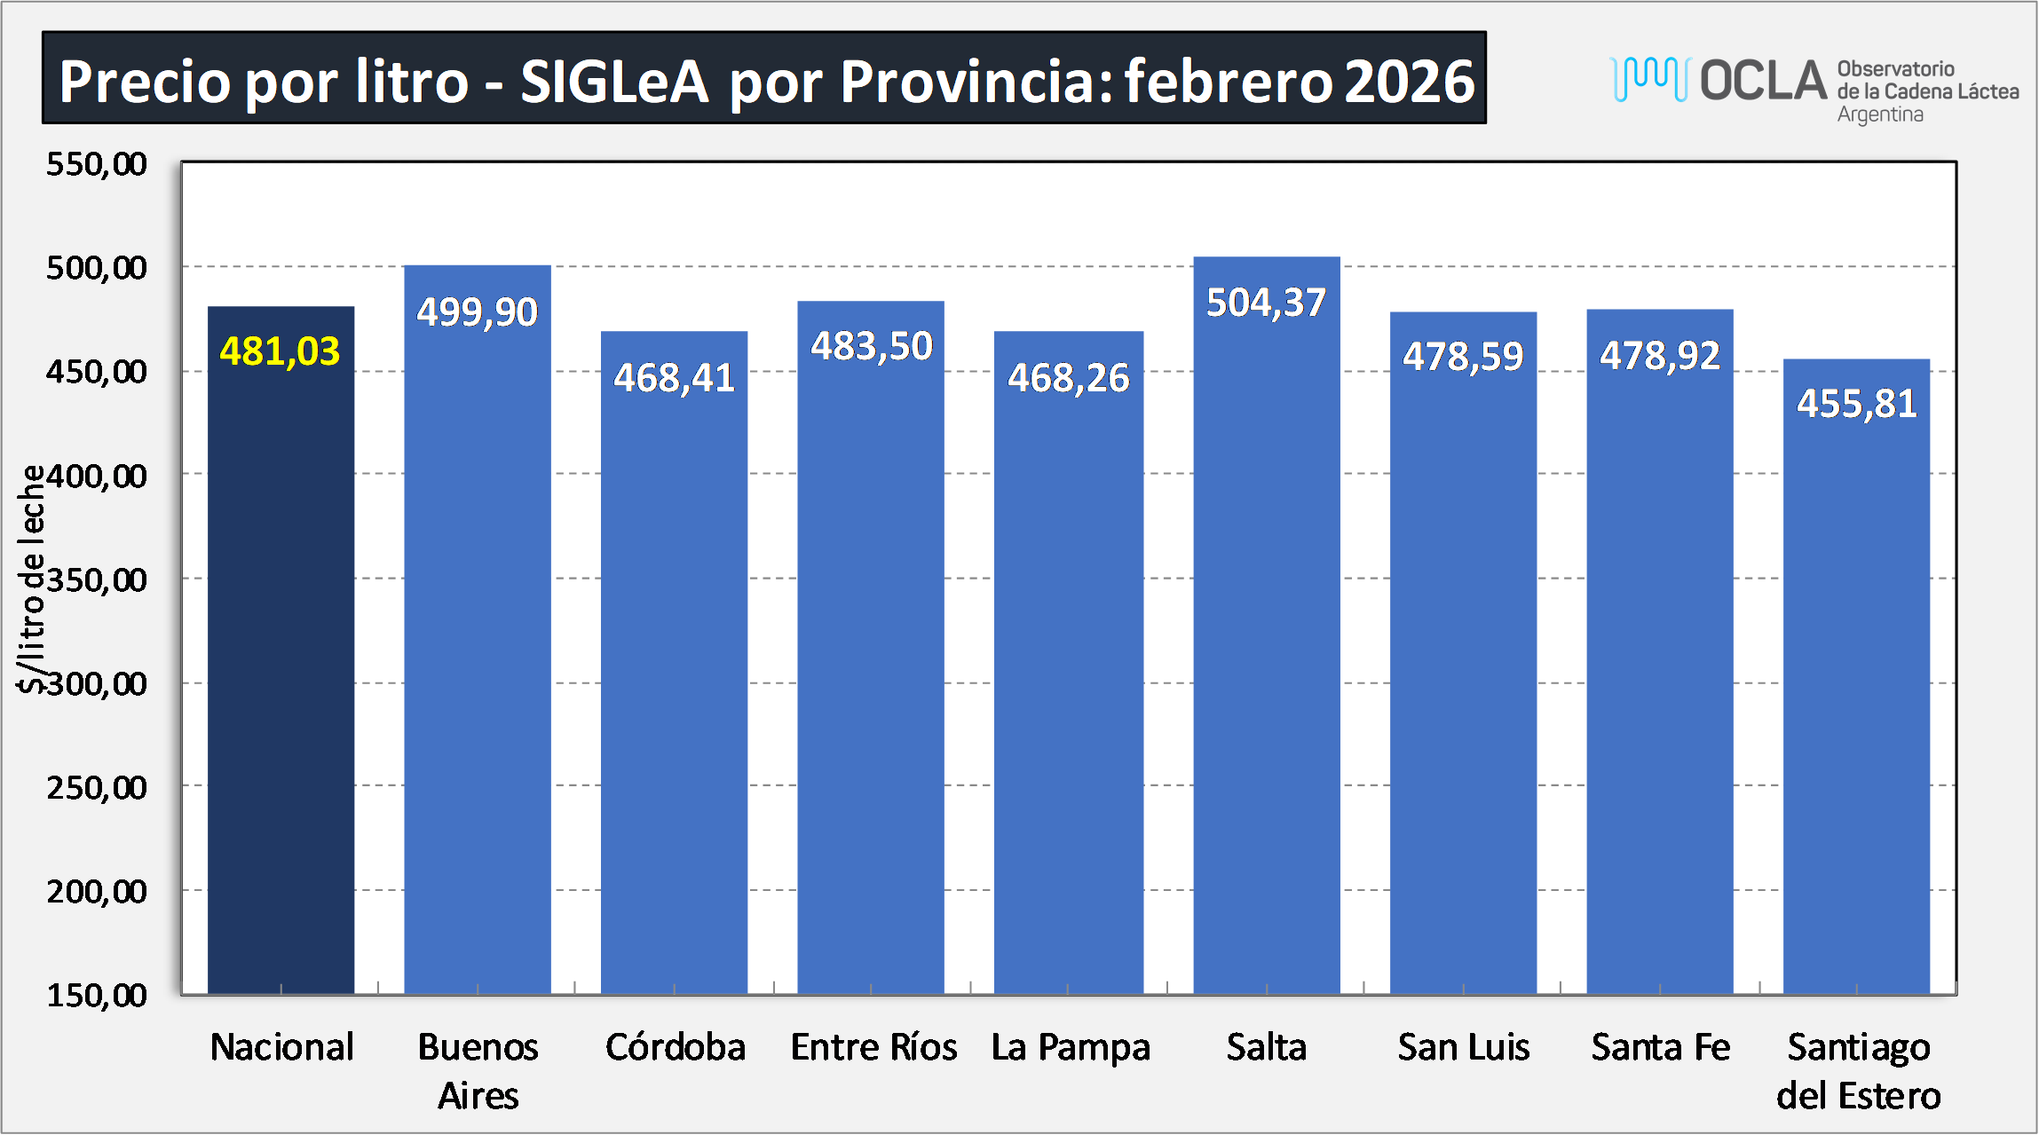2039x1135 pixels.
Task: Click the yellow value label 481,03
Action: (280, 351)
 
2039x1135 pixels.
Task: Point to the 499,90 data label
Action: (478, 312)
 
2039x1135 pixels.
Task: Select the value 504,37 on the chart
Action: (1266, 303)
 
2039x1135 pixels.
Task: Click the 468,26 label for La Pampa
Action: (1068, 378)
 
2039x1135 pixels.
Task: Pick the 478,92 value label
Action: (1660, 356)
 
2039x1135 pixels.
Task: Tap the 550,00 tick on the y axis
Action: (97, 164)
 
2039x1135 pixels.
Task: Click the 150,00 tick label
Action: (97, 995)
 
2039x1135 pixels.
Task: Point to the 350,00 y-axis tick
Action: (97, 580)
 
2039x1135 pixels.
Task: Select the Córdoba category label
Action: (675, 1047)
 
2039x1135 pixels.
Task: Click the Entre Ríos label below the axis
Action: (873, 1047)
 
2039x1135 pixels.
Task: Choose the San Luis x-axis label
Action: (1463, 1047)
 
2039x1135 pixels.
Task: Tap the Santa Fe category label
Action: (1660, 1047)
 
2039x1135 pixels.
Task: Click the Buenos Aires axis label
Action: (478, 1070)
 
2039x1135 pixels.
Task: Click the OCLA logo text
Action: (1763, 82)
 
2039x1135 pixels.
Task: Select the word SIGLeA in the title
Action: (614, 82)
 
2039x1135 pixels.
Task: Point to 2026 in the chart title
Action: (1409, 82)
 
